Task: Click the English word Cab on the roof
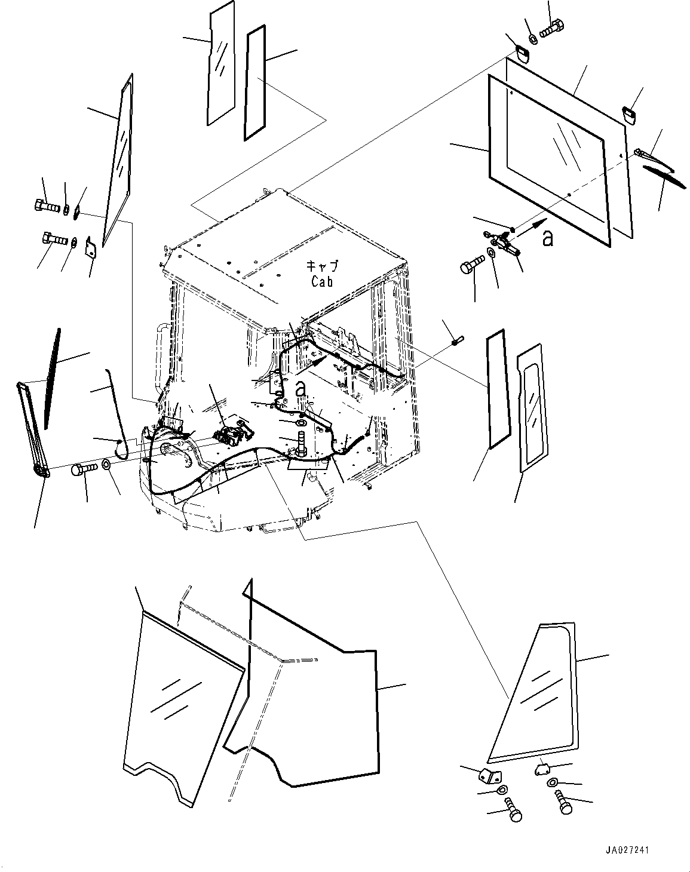[x=321, y=281]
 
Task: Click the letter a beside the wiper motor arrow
[x=547, y=238]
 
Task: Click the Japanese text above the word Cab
[x=321, y=266]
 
